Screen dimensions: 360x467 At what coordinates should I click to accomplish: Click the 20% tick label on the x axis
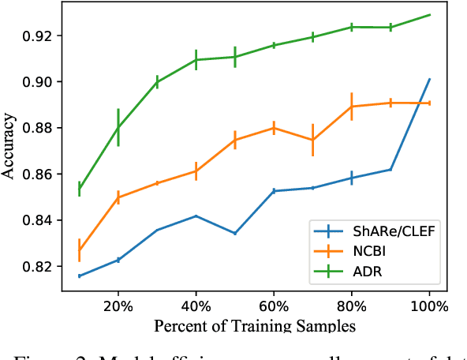[118, 305]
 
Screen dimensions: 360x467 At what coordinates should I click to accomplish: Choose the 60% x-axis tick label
[274, 305]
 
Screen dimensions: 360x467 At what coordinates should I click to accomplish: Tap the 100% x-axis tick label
[429, 305]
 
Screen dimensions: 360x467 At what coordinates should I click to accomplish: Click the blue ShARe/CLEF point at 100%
[429, 79]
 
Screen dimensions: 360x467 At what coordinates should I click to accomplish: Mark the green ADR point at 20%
[118, 127]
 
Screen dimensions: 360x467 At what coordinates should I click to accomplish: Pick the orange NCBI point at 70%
[312, 140]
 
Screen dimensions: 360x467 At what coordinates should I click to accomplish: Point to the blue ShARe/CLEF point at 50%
[235, 233]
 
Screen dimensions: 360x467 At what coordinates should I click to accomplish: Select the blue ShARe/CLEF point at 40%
[196, 216]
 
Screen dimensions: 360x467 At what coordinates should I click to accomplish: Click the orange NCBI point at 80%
[351, 107]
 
